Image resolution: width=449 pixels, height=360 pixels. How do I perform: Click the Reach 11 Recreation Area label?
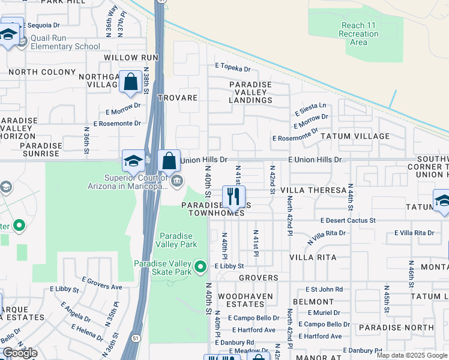coord(358,34)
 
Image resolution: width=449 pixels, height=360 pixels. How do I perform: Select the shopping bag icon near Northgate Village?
coord(130,82)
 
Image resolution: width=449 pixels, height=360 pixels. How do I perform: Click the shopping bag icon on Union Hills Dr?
coord(169,161)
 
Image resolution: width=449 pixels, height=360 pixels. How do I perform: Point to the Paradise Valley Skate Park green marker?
coord(201,266)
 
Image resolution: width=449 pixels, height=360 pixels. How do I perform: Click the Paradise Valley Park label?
coord(176,240)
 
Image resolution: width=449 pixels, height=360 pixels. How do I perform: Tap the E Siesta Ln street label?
coord(310,109)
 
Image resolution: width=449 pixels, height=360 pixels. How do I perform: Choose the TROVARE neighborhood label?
coord(177,98)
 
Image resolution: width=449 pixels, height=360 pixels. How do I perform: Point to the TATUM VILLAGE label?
coord(355,136)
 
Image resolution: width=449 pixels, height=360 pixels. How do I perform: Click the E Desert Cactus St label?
coord(348,221)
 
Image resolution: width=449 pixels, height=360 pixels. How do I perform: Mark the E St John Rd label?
coord(324,289)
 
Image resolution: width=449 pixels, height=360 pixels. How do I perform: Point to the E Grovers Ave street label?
coord(102,280)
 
